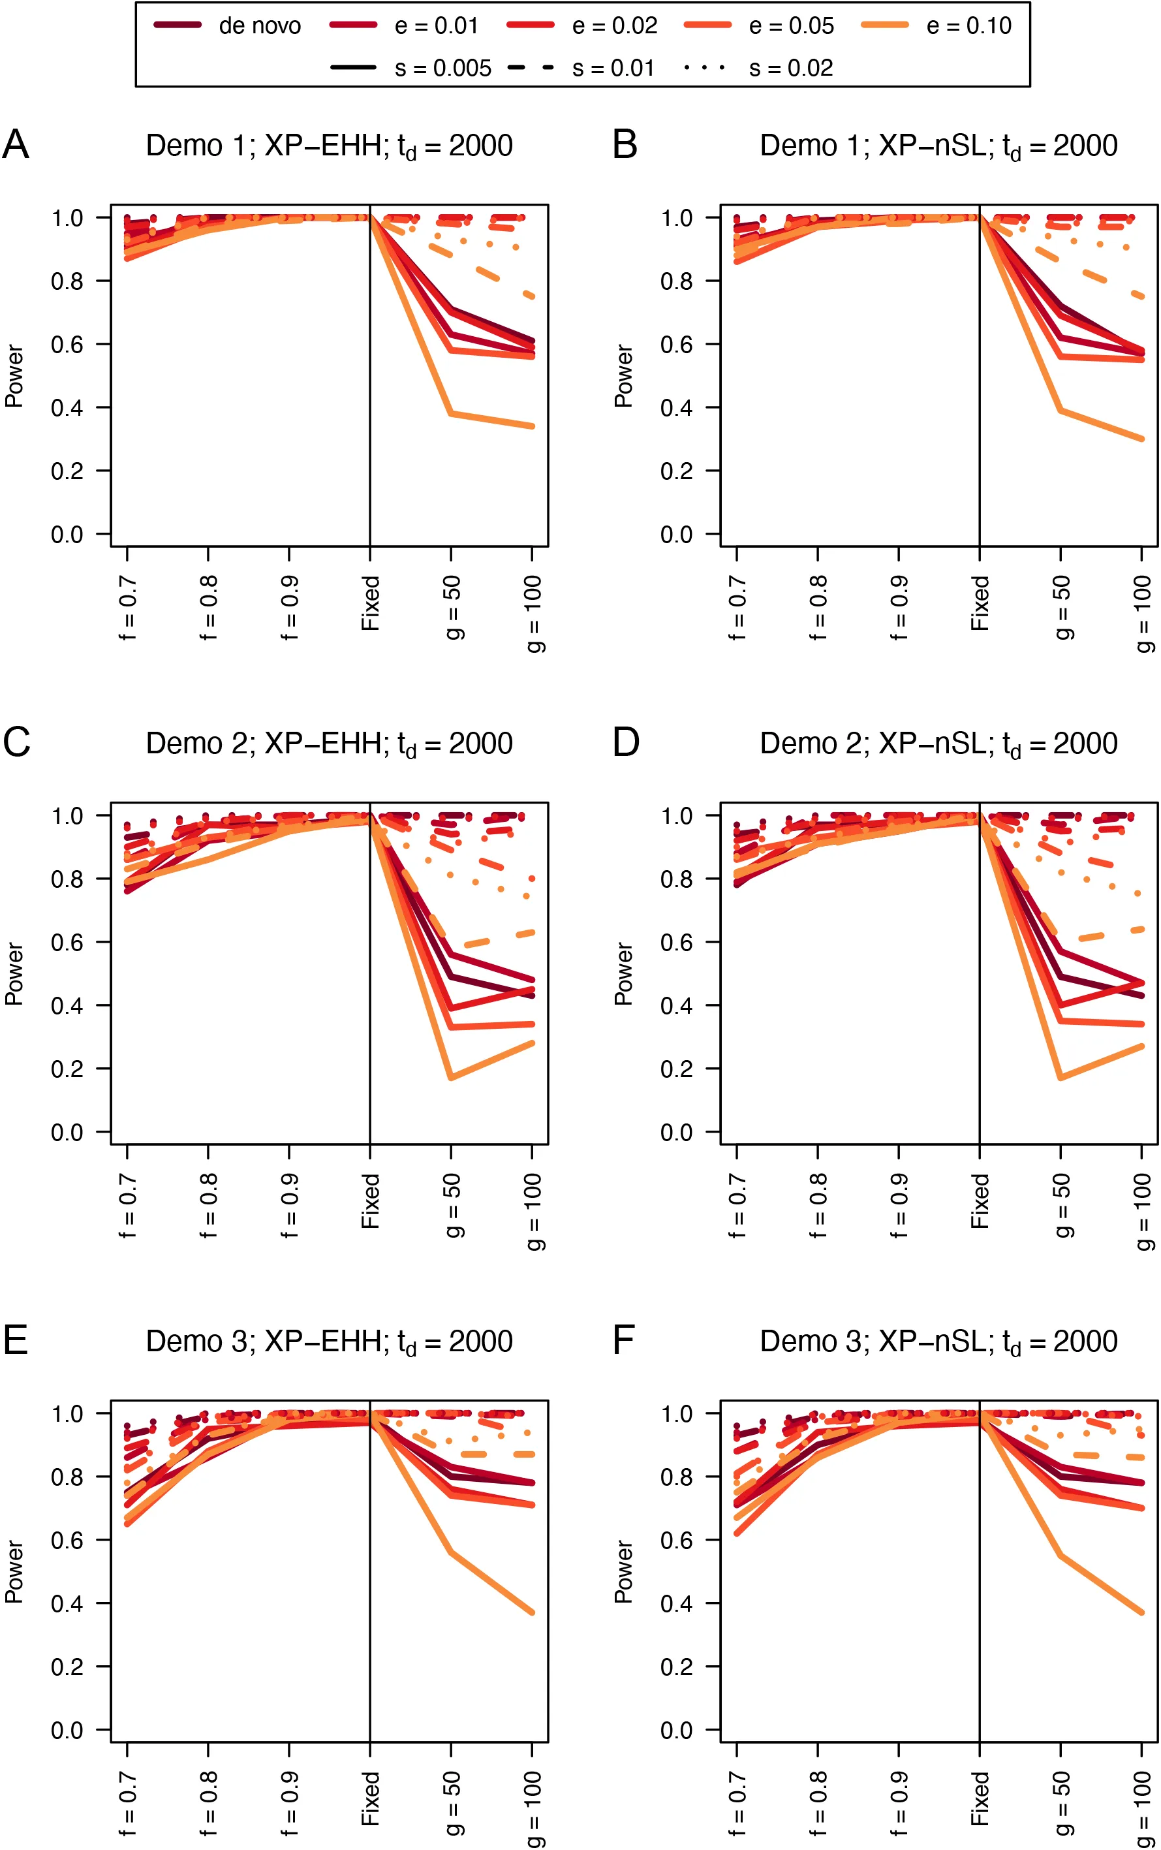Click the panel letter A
click(16, 144)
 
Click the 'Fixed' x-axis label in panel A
click(371, 604)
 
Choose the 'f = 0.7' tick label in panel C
click(127, 1205)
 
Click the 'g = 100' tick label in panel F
click(1143, 1808)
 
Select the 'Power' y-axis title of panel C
click(14, 974)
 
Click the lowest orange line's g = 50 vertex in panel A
click(451, 414)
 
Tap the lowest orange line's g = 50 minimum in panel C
click(451, 1078)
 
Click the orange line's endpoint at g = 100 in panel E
click(532, 1612)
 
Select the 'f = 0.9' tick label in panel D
click(899, 1205)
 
